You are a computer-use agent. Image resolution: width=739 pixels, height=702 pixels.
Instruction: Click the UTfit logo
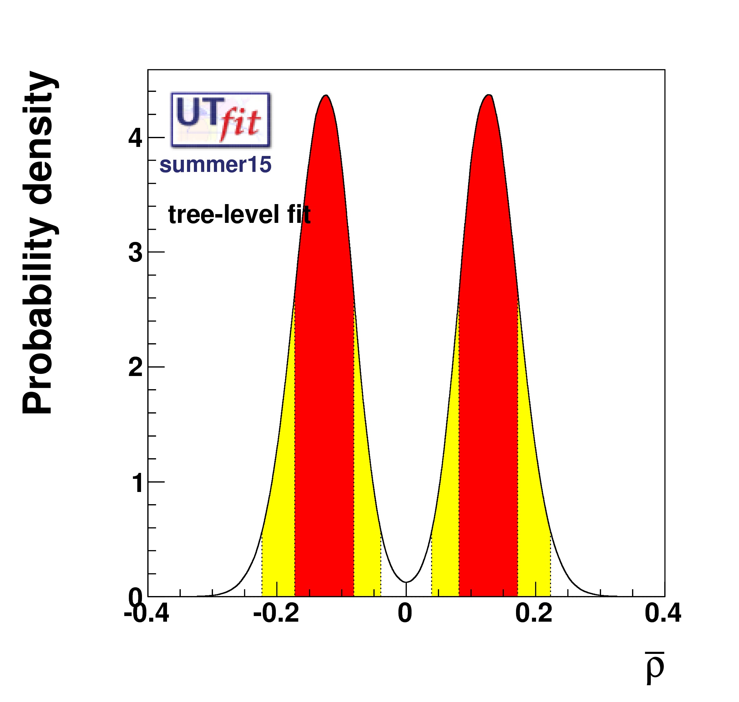pos(220,119)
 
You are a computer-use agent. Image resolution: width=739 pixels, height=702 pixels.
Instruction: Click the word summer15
pos(215,165)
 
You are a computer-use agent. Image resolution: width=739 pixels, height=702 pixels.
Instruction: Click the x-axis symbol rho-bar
pos(654,668)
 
